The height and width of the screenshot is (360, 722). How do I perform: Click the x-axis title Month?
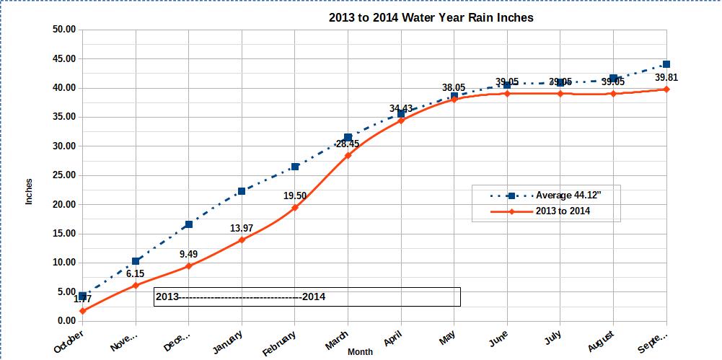(360, 351)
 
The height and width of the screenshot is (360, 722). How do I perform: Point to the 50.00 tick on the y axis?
(64, 30)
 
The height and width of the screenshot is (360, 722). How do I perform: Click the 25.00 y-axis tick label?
(64, 175)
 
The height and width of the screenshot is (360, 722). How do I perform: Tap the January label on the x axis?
(229, 341)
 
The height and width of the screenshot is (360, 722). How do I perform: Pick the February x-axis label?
(279, 343)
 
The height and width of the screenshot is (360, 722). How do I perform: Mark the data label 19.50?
(294, 196)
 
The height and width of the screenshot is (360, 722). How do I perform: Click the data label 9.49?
(188, 254)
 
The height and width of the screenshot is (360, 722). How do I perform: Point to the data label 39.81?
(666, 77)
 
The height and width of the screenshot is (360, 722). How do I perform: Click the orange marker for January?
(242, 240)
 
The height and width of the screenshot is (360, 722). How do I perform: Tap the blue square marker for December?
(189, 224)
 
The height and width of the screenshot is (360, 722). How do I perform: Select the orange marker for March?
(348, 155)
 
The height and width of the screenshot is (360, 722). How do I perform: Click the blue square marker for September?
(666, 64)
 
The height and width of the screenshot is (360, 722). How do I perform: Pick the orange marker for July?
(560, 94)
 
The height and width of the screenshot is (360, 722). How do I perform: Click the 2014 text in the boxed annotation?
(314, 297)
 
